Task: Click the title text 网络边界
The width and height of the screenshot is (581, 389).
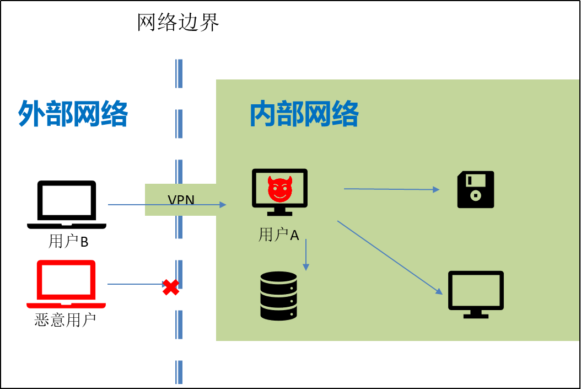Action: point(178,23)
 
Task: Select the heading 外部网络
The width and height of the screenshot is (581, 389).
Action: point(73,114)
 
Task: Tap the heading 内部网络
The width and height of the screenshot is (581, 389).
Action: point(304,114)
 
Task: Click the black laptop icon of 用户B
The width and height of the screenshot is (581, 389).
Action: point(67,204)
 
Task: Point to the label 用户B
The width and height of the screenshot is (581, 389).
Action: point(68,242)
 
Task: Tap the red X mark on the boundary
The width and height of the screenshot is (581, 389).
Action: point(171,287)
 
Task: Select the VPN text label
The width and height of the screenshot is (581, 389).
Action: point(181,199)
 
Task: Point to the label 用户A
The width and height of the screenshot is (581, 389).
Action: point(279,235)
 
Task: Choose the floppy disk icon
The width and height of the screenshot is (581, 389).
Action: point(476,189)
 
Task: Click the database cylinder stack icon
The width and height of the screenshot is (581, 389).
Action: point(279,296)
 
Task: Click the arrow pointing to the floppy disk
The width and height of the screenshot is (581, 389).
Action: point(391,189)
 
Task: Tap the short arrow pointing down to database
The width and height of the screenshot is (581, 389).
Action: point(306,254)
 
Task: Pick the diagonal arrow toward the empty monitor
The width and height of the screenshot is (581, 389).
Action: point(390,257)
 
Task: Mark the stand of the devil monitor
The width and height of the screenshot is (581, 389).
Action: point(280,211)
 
